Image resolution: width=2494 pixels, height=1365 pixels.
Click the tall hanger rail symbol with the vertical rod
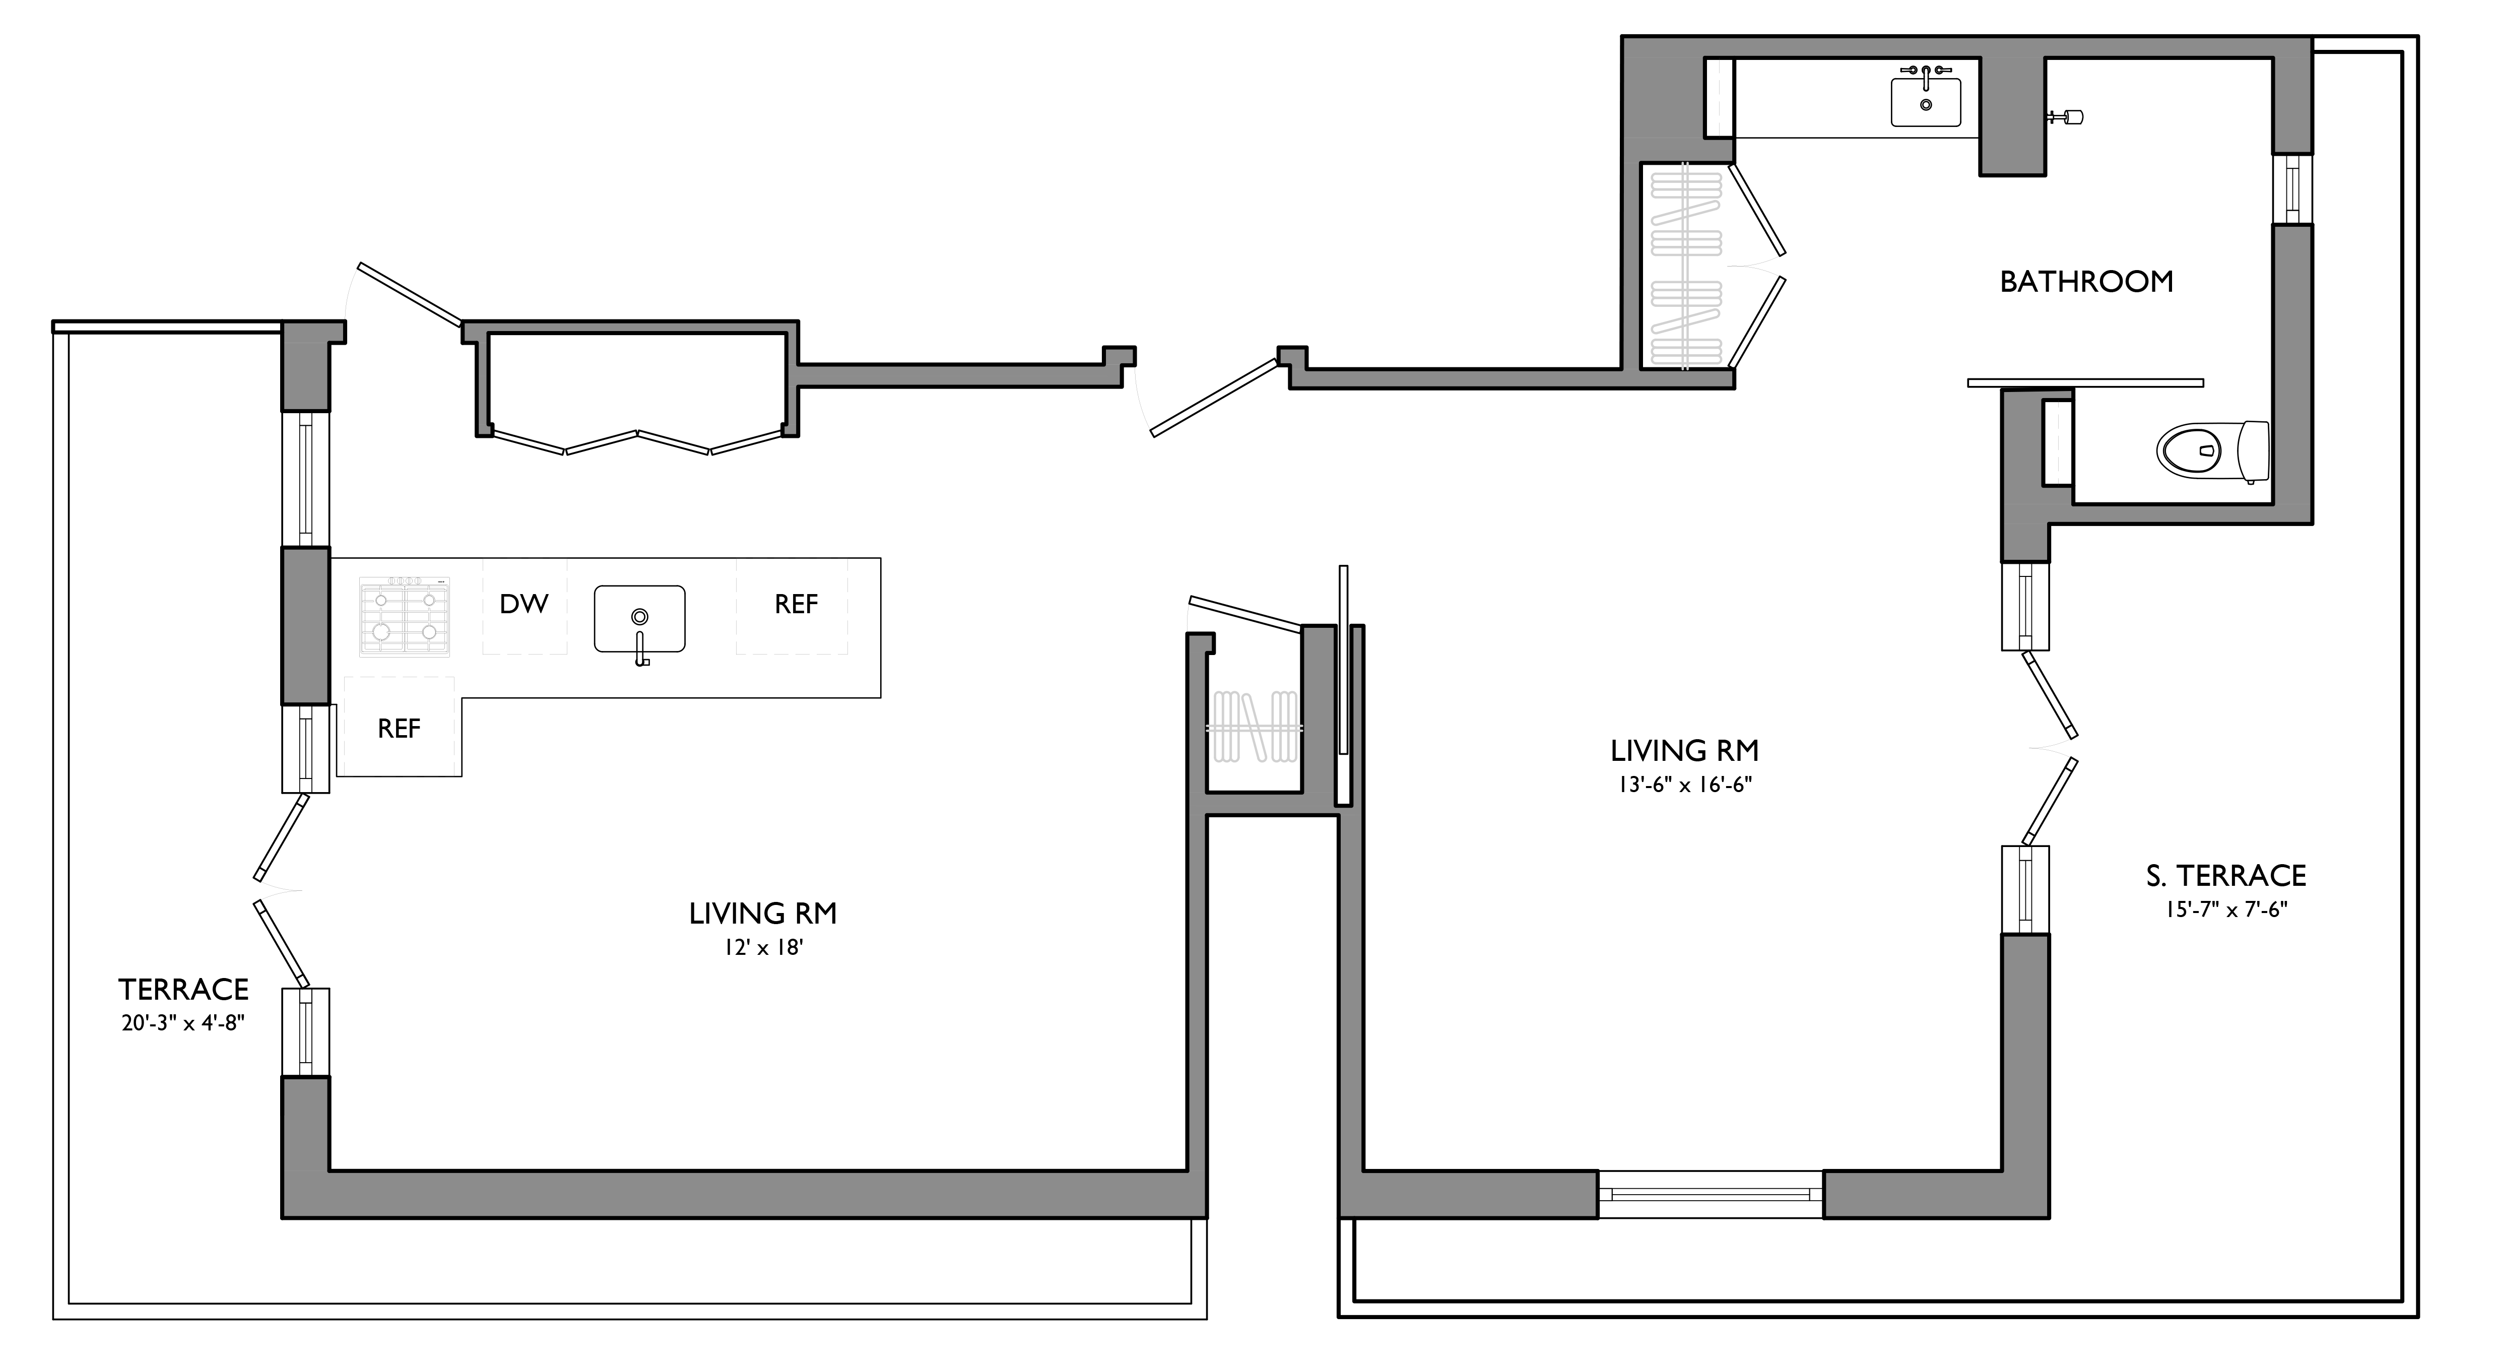click(x=1685, y=266)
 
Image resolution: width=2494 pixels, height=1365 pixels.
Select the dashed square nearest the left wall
click(x=399, y=726)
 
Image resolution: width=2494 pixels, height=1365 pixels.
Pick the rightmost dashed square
click(x=791, y=606)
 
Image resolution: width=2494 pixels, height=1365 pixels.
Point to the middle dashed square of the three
click(x=524, y=606)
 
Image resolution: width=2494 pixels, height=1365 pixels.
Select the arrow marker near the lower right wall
click(x=2050, y=748)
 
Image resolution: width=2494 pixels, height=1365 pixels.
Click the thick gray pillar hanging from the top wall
click(x=2012, y=114)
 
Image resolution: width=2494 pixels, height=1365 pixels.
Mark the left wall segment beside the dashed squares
click(x=305, y=625)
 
